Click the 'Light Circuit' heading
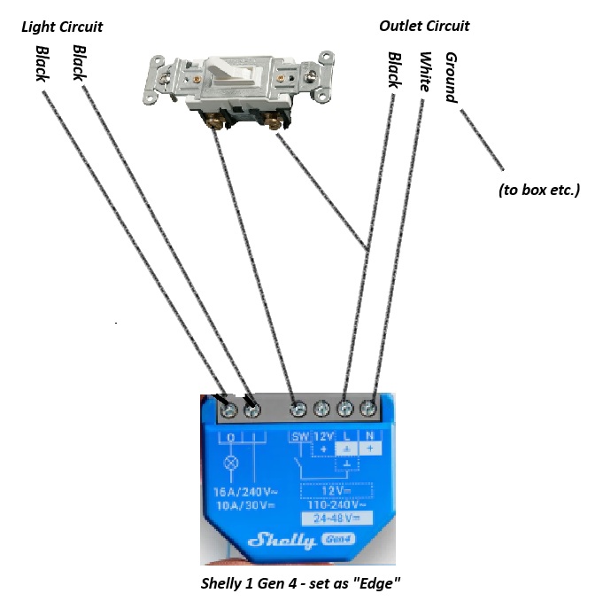click(x=62, y=27)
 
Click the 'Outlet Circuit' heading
click(x=424, y=26)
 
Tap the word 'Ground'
click(x=452, y=77)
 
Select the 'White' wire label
click(x=425, y=72)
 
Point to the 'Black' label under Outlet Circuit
click(x=394, y=69)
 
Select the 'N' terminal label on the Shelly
click(x=370, y=436)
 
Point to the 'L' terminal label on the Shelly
click(x=346, y=436)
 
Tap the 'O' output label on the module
click(x=231, y=438)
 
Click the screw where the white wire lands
click(x=368, y=409)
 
